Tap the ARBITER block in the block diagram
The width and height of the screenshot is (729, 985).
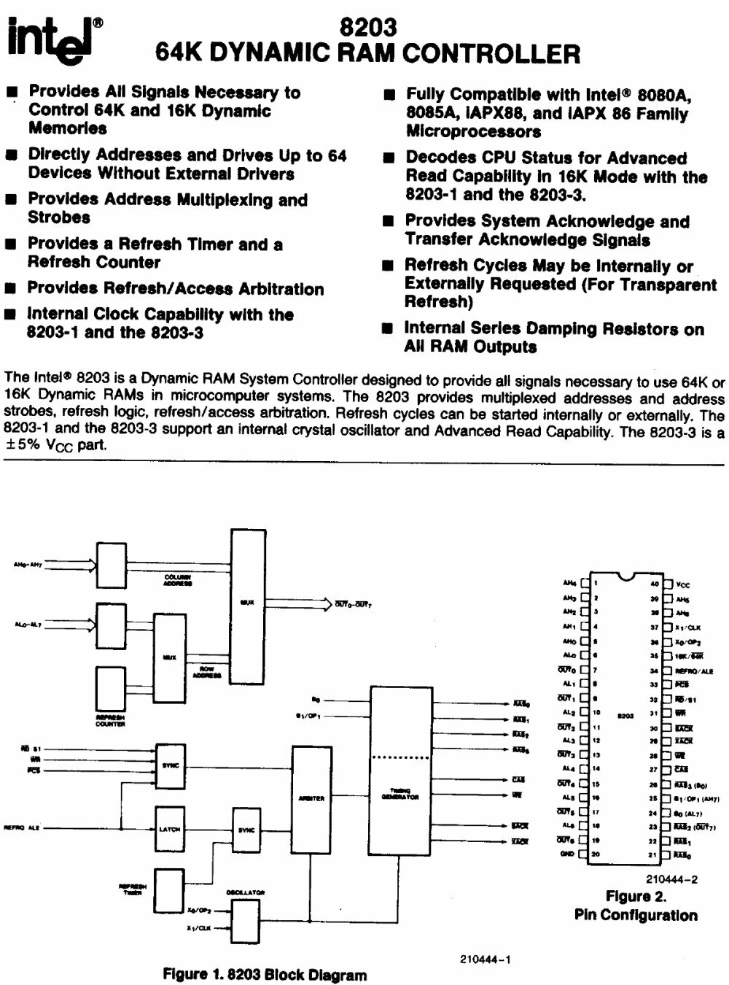click(x=311, y=798)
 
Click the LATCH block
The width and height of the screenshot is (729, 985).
click(x=170, y=829)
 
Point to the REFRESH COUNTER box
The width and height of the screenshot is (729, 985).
click(x=111, y=689)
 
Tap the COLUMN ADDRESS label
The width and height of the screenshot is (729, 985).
click(x=178, y=580)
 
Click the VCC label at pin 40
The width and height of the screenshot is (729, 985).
click(x=682, y=584)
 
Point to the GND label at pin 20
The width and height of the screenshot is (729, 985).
click(x=567, y=854)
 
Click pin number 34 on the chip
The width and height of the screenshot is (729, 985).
click(x=654, y=669)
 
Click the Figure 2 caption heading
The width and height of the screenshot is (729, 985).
click(x=636, y=897)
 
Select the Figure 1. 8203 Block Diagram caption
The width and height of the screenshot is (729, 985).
click(x=265, y=974)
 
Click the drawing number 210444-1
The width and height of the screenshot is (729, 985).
click(x=486, y=959)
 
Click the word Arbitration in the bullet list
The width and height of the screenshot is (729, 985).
click(x=272, y=289)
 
